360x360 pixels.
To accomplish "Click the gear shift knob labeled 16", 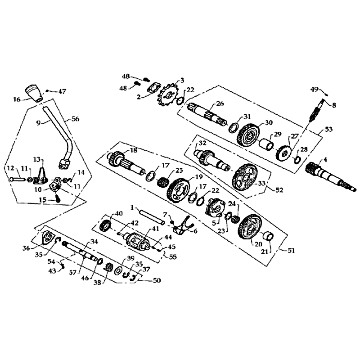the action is tap(35, 94).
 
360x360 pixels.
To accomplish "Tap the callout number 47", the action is tap(62, 91).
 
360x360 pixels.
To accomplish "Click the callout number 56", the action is tap(76, 119).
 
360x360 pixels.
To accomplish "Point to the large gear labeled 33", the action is tap(245, 177).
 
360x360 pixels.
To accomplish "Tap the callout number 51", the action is tap(291, 250).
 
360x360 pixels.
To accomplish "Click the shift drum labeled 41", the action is tap(137, 242).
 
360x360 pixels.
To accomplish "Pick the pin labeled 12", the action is tap(17, 178).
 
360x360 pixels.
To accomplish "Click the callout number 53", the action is tap(329, 129).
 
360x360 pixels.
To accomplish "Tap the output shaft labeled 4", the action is tap(331, 177).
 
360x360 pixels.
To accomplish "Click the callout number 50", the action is tap(156, 280).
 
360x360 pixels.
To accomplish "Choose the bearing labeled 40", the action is tap(106, 225).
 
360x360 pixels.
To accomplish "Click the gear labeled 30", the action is tap(248, 135).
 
